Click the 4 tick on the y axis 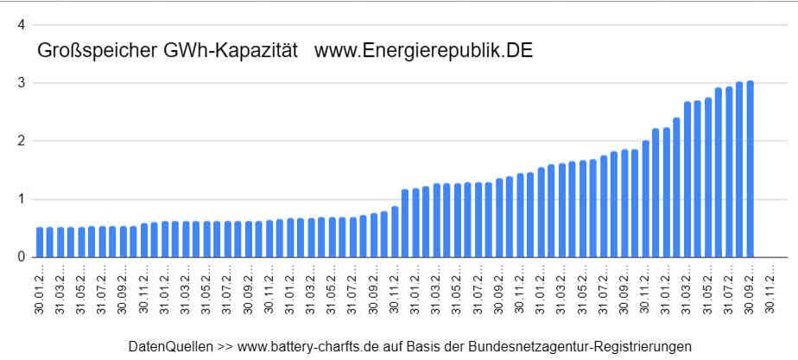tap(21, 25)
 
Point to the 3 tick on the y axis tap(21, 83)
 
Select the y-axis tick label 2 tap(21, 141)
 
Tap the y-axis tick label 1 tap(21, 199)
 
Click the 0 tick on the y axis tap(21, 256)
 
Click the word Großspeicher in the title tap(87, 51)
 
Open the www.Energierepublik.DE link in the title tap(423, 51)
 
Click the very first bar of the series tap(40, 242)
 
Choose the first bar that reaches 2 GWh tap(646, 199)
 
